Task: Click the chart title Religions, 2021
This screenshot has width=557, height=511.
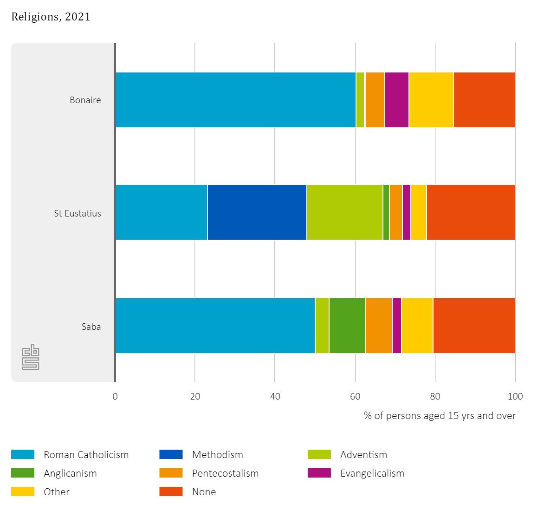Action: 51,17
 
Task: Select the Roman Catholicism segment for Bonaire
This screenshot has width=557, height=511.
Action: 235,100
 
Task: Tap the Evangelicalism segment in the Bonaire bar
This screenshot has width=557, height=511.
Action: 396,100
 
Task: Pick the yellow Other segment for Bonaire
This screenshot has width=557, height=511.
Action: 431,100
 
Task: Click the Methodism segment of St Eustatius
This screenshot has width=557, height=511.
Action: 257,212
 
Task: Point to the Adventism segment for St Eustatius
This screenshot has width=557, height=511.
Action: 344,212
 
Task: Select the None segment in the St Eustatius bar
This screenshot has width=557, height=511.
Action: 471,212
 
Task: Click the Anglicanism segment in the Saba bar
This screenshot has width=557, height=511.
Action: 347,326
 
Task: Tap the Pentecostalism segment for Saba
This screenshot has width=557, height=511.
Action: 378,326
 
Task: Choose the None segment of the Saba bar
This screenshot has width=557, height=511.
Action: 474,326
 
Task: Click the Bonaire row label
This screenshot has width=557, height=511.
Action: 85,100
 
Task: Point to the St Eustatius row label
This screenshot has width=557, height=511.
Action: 77,213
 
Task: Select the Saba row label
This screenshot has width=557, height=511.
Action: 91,327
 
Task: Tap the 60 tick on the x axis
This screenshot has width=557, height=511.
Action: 355,396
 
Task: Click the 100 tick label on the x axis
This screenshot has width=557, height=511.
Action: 515,396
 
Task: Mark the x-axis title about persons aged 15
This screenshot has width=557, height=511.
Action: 440,416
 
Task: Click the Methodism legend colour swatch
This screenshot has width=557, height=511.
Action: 171,454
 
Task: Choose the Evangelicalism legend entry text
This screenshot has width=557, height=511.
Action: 372,473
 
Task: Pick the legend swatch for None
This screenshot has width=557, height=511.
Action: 171,491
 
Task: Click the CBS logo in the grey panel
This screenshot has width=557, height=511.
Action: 31,357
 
